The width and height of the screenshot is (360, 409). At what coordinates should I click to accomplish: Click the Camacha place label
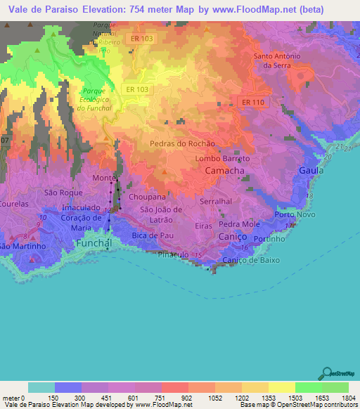click(x=225, y=171)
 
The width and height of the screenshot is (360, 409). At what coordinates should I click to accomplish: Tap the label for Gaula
click(x=311, y=171)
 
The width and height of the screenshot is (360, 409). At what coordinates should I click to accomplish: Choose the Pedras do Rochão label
click(x=182, y=143)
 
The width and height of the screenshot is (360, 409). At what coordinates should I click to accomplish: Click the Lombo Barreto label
click(x=222, y=159)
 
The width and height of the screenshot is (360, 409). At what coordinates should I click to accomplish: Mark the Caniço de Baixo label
click(x=251, y=260)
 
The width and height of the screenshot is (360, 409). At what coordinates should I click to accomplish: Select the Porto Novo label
click(x=293, y=214)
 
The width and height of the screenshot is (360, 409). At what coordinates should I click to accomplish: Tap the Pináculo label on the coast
click(x=174, y=254)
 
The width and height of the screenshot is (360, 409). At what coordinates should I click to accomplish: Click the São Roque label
click(x=60, y=193)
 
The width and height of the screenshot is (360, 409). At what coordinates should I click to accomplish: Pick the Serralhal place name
click(x=216, y=201)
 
